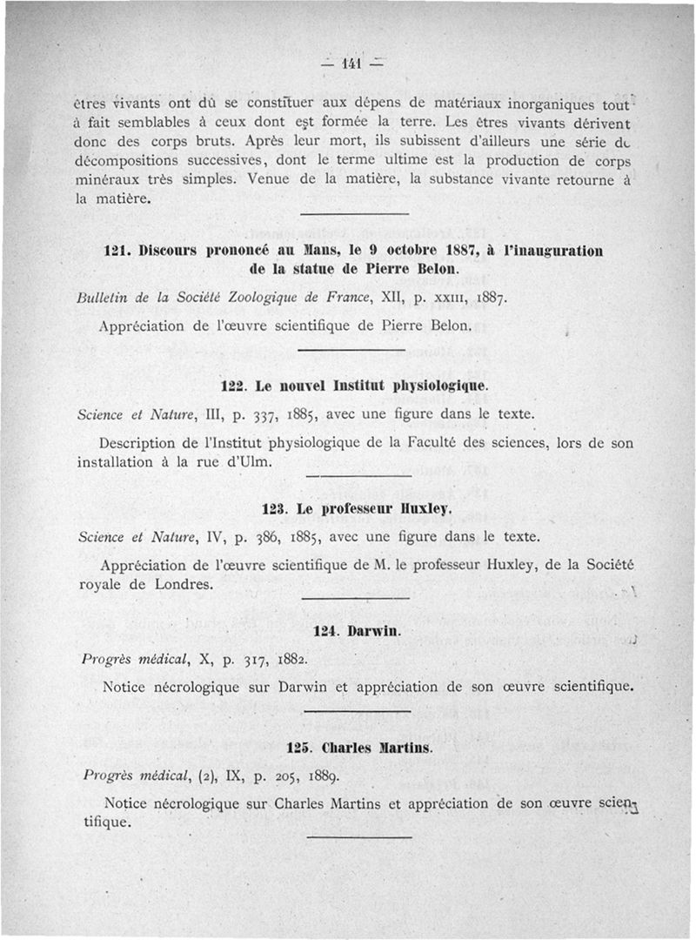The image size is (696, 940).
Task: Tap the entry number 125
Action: tap(298, 747)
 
